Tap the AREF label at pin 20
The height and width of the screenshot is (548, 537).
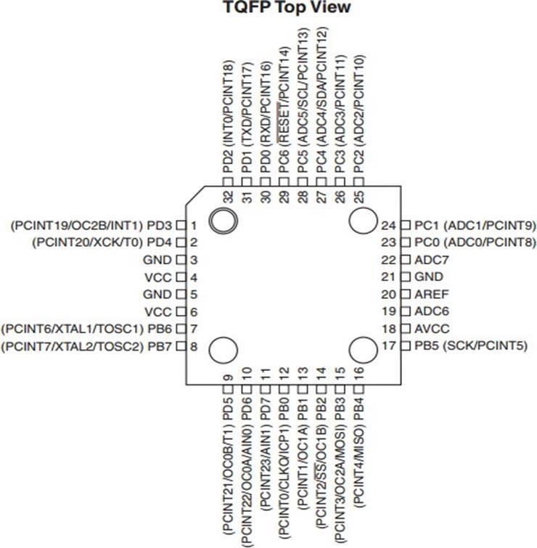point(431,294)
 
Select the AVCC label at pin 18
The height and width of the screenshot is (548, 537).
point(431,328)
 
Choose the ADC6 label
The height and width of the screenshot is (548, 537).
point(430,311)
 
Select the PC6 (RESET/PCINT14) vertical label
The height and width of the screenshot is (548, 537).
point(284,110)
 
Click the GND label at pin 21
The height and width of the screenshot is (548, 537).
point(428,277)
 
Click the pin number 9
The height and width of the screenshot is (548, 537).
point(229,377)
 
